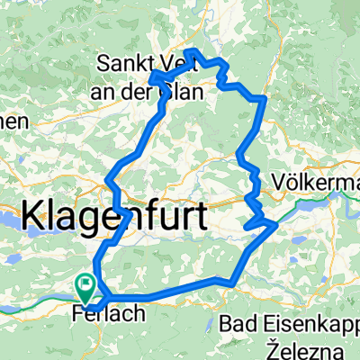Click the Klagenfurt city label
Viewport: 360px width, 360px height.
point(113,216)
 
